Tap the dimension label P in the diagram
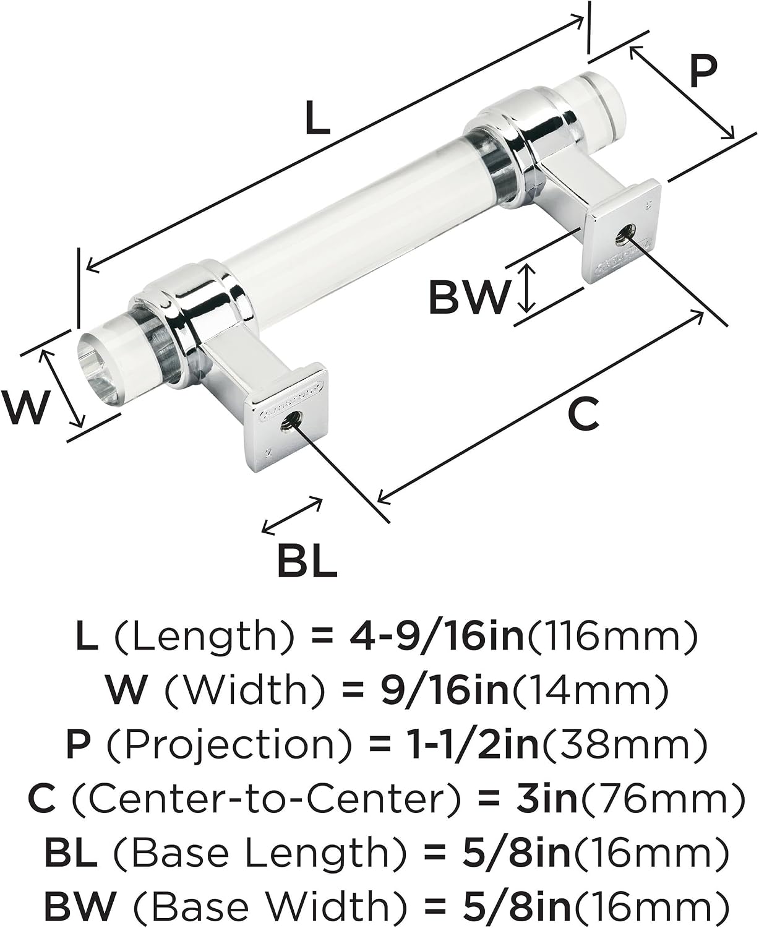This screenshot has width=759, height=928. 703,71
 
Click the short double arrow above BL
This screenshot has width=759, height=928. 292,515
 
